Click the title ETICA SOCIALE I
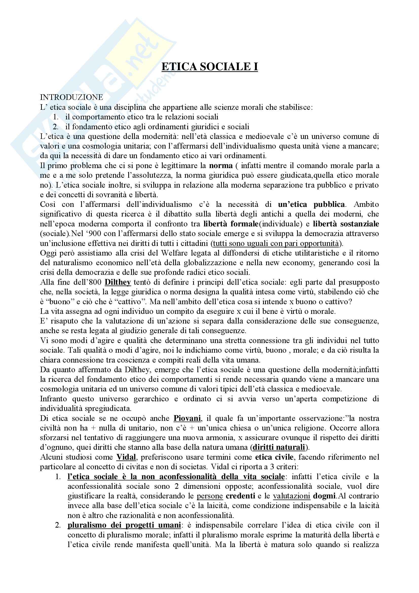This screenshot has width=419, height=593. click(209, 67)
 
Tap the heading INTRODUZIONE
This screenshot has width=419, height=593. click(71, 97)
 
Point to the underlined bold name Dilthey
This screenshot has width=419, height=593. click(118, 282)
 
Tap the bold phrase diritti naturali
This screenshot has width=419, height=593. click(279, 447)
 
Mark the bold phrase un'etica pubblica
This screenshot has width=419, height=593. click(311, 204)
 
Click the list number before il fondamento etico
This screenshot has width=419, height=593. click(55, 127)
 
